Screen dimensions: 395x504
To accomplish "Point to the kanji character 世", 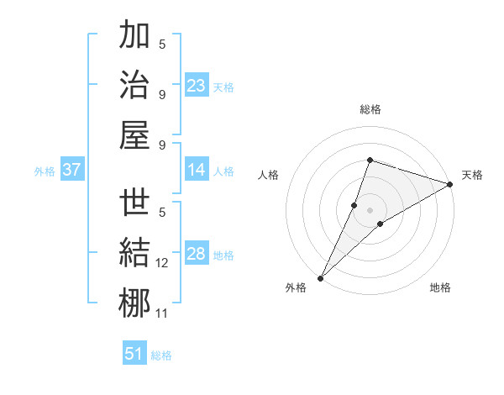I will (134, 204).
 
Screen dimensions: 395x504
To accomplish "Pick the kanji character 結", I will (134, 254).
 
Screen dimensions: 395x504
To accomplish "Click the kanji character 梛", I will (134, 303).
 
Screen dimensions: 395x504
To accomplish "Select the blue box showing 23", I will (197, 86).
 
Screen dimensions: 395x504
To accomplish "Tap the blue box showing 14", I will (197, 170).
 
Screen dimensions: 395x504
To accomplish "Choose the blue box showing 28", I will (197, 255).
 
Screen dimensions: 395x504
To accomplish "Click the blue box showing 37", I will (72, 170).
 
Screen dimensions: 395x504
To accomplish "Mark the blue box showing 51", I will (134, 354).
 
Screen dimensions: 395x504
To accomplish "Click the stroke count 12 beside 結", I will (162, 264).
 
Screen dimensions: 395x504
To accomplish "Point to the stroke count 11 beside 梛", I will (162, 313).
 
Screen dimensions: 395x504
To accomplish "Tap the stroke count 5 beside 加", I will (162, 45).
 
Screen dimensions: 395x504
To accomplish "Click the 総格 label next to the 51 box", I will (161, 355).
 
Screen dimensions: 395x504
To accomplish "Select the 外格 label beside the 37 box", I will (45, 171).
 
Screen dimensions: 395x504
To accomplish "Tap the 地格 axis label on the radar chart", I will (440, 288).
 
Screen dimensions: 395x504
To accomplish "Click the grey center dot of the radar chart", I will (370, 209).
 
